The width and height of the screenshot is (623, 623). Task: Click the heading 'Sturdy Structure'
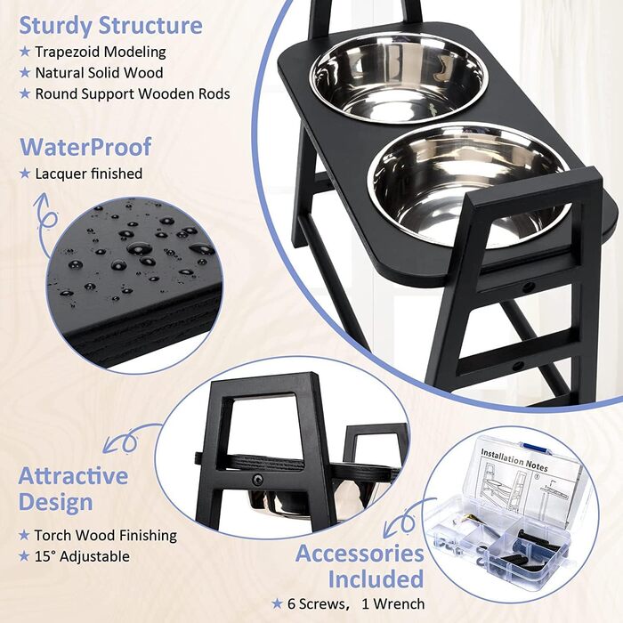click(111, 26)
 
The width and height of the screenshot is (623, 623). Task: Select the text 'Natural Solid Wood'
click(99, 73)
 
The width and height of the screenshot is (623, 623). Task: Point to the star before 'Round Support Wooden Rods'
click(25, 93)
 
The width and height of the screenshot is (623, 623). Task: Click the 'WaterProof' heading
click(85, 147)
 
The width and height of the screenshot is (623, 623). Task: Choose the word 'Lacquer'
click(61, 174)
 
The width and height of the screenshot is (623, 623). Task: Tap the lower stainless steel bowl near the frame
click(470, 187)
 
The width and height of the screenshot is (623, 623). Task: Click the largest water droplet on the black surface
click(139, 248)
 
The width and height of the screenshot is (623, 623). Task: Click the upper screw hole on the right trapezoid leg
click(528, 287)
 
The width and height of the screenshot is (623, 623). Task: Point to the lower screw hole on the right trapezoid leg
click(518, 366)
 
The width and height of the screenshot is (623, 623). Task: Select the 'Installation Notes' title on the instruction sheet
click(514, 460)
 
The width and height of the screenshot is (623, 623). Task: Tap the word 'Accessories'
click(360, 554)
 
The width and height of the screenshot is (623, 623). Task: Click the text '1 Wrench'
click(393, 604)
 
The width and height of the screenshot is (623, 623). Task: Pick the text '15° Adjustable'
click(82, 556)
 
